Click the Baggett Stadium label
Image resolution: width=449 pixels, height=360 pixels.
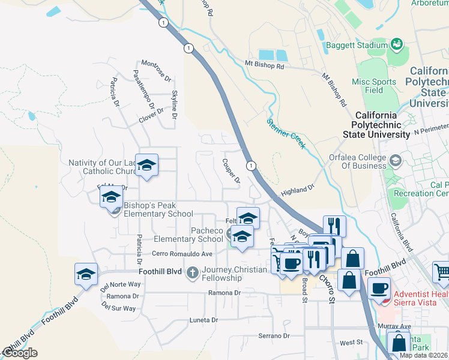(x=357, y=45)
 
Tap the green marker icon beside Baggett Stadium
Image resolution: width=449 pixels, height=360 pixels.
(x=396, y=44)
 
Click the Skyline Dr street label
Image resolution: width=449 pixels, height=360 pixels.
(x=174, y=104)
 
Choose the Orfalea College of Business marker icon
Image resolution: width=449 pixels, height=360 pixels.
(x=396, y=160)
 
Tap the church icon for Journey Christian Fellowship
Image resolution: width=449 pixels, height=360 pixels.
(x=192, y=274)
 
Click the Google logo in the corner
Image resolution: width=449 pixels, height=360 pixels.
(x=19, y=353)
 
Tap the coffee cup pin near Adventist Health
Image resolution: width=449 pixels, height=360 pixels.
(x=378, y=288)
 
